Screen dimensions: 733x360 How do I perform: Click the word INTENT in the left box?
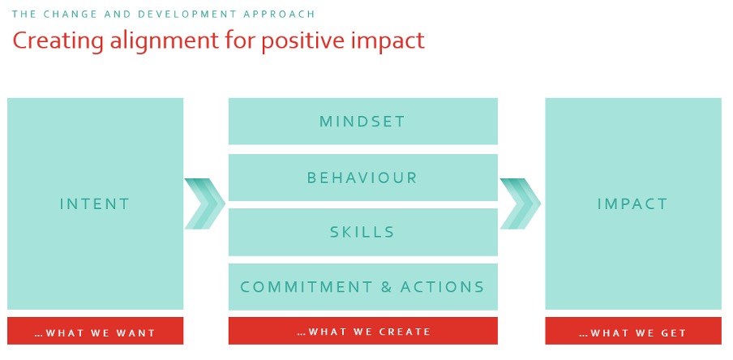point(94,204)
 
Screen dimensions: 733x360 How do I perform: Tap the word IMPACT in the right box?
point(632,204)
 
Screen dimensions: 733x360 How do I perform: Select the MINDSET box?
point(362,121)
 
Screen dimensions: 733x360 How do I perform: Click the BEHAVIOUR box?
point(362,178)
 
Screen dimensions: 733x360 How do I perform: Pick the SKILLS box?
point(362,232)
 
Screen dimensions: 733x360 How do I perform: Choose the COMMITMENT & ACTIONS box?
point(362,286)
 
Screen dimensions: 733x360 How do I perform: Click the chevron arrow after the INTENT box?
point(205,204)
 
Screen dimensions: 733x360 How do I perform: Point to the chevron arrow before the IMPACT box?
point(521,204)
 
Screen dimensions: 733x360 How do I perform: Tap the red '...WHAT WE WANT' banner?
point(96,331)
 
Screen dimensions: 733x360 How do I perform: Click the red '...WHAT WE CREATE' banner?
point(362,331)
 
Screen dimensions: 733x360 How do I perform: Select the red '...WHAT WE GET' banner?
point(633,331)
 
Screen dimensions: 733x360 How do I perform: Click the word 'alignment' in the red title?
point(164,41)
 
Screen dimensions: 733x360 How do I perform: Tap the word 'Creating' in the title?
point(58,41)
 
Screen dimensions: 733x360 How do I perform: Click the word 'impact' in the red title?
point(387,41)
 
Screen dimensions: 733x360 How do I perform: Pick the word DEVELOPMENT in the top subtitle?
point(189,14)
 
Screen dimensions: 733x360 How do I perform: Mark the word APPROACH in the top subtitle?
point(280,14)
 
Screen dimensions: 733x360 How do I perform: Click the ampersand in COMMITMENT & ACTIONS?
point(386,286)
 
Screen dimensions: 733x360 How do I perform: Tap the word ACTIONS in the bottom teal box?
point(442,286)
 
